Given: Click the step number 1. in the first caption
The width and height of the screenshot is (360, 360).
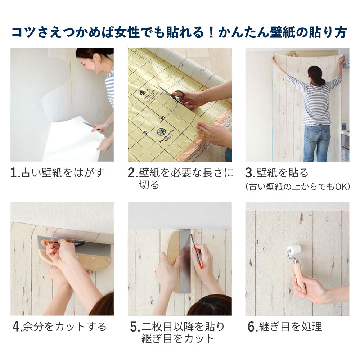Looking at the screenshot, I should (15, 174).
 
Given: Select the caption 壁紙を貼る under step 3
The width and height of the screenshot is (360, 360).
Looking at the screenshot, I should (283, 173).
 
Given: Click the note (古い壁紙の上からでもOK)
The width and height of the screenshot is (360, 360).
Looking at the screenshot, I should (297, 187).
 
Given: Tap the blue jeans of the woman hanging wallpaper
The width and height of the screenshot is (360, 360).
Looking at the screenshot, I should (316, 142).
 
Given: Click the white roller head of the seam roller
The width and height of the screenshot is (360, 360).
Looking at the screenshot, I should (294, 251).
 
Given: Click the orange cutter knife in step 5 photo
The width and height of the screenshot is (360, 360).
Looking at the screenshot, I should (198, 254).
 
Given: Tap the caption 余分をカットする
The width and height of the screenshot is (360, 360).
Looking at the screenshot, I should (64, 327).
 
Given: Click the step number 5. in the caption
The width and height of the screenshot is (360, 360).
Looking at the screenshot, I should (135, 327).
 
